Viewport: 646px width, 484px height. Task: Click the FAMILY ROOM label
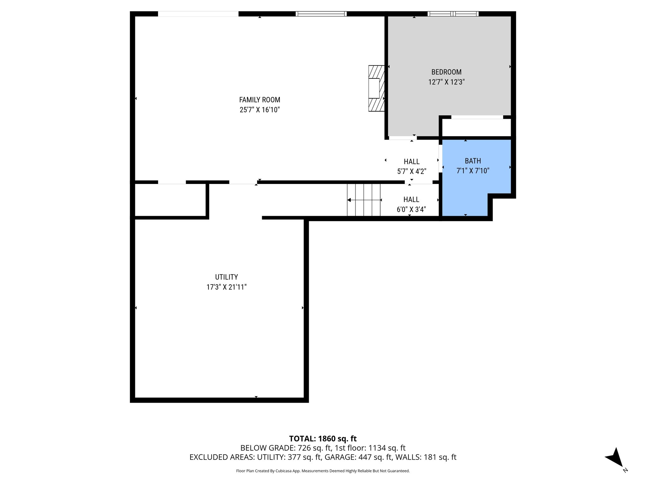pos(259,100)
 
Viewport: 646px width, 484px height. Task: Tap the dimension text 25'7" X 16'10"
pos(259,110)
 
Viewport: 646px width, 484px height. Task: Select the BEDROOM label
pos(446,72)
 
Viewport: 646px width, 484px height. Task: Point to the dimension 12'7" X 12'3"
pos(446,82)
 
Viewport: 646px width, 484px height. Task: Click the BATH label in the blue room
pos(473,161)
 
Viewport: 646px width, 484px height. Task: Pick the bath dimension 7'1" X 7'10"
pos(473,171)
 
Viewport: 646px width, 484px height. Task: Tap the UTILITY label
pos(226,277)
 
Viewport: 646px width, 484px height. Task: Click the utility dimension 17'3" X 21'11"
pos(226,287)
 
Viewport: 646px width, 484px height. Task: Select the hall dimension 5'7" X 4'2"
pos(411,171)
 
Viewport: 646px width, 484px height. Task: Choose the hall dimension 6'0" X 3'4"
pos(411,210)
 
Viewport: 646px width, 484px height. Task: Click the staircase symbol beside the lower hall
pos(364,200)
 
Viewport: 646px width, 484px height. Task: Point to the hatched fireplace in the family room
pos(376,88)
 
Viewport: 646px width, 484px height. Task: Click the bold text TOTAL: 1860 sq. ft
pos(323,439)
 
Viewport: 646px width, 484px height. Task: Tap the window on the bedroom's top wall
pos(453,14)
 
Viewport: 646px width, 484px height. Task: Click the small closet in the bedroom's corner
pos(476,128)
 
